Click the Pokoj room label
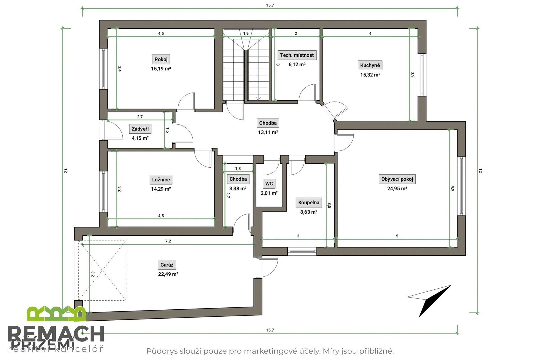pos(161,59)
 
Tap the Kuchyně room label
pos(370,66)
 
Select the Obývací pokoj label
pos(397,179)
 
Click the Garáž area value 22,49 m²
pos(168,274)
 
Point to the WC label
pos(269,184)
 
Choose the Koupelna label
pos(309,202)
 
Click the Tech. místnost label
pos(297,55)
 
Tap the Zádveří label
pos(140,129)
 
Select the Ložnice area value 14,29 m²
pos(161,189)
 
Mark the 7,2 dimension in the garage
pos(168,241)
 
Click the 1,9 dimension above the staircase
pos(246,33)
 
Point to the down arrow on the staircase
pos(258,98)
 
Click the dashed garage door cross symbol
pos(102,270)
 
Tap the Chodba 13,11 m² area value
pos(268,132)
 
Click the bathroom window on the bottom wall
pos(302,251)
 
